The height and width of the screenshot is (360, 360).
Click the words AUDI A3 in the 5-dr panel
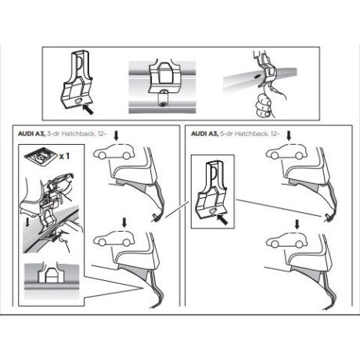[x=203, y=134]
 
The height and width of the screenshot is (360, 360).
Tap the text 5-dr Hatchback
[x=237, y=134]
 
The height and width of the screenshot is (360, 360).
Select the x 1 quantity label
[x=66, y=157]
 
